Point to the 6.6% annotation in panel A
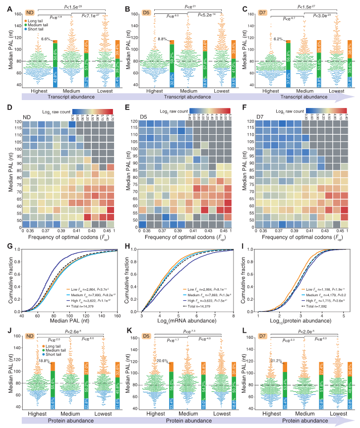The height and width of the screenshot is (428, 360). pos(46,39)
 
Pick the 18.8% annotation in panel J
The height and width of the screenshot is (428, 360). pos(44,348)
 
